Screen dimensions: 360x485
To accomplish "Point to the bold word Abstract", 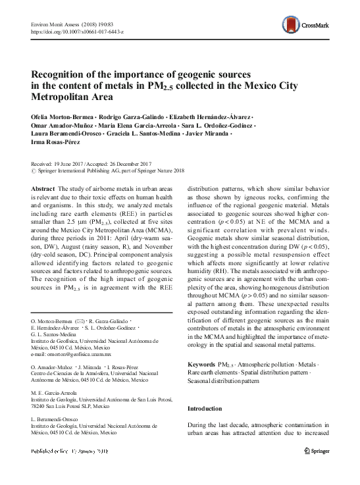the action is point(43,188).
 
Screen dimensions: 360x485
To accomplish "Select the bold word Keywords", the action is point(201,364).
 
